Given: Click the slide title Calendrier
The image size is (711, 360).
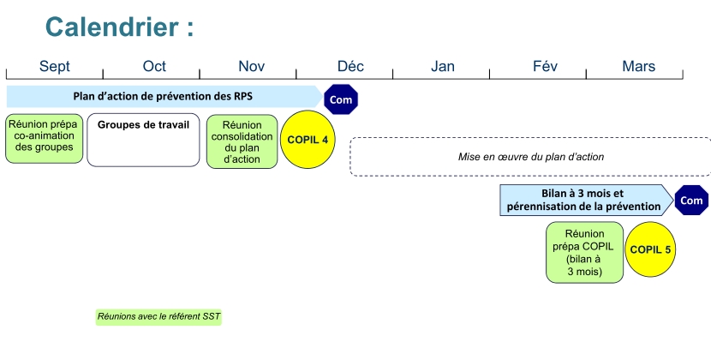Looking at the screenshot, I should (x=119, y=27).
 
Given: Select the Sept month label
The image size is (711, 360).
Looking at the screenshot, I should (x=55, y=67).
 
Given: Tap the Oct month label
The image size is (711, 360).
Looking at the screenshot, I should (x=154, y=67).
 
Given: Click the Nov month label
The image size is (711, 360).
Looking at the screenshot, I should (x=251, y=67).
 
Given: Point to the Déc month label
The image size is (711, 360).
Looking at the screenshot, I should (x=350, y=67).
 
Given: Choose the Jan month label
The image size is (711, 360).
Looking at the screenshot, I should (x=443, y=67).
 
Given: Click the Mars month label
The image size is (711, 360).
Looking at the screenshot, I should (x=639, y=67).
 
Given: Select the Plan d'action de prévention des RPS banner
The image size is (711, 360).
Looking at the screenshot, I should (x=163, y=95).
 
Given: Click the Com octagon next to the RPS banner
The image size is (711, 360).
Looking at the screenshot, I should (x=341, y=99).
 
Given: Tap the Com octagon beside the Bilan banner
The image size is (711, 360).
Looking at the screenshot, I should (x=691, y=201).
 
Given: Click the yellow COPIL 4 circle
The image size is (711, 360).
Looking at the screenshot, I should (x=308, y=139).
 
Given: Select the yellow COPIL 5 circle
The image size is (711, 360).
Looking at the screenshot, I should (x=651, y=249).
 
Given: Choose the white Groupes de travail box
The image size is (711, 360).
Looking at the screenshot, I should (x=143, y=140).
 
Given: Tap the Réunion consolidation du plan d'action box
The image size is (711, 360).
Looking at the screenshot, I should (x=242, y=141).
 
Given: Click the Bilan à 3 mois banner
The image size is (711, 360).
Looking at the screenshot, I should (x=583, y=200).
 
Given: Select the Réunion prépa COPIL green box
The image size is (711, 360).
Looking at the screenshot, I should (x=584, y=252).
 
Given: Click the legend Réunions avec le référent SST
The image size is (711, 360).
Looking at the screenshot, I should (x=158, y=317).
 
